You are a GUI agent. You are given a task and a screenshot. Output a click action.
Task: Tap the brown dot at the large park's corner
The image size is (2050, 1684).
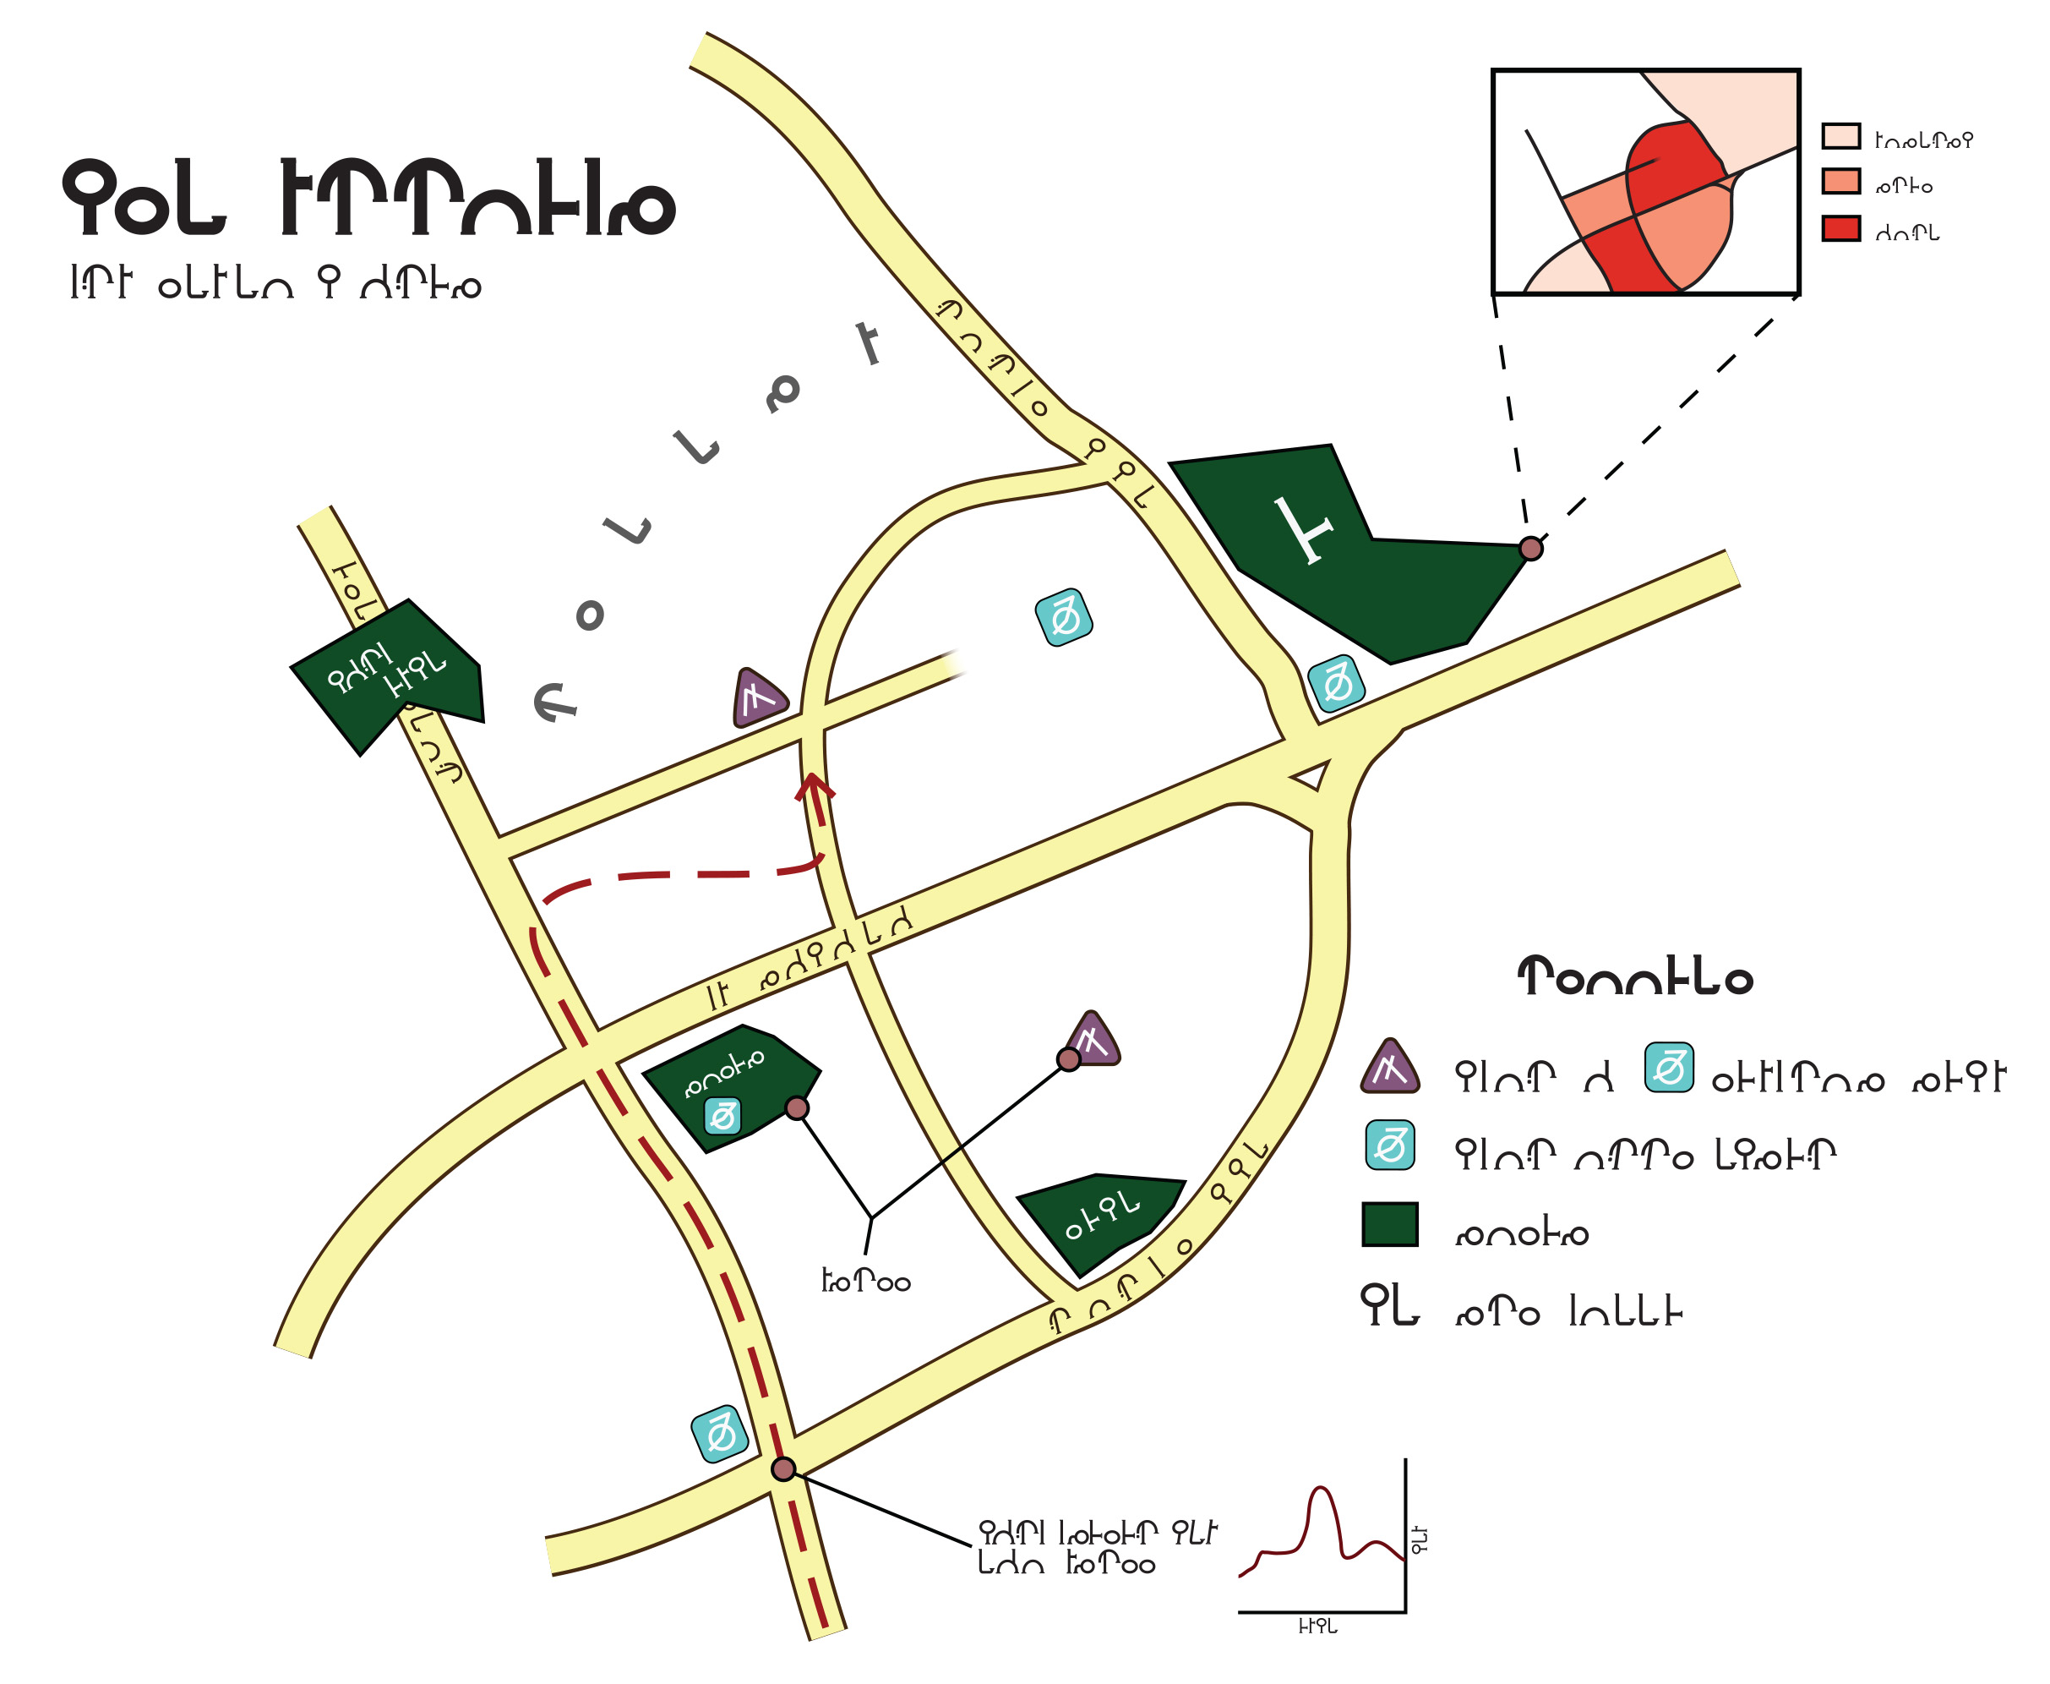1530,549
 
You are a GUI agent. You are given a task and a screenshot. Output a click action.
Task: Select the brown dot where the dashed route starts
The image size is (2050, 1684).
783,1468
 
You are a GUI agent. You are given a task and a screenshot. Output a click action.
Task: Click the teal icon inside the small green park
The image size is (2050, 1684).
722,1117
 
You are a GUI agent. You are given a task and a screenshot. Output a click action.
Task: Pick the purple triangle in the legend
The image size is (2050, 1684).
1389,1068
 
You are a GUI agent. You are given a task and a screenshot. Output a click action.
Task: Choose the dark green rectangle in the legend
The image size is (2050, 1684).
1389,1224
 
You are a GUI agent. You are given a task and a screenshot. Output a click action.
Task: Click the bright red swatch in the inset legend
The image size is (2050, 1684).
1840,229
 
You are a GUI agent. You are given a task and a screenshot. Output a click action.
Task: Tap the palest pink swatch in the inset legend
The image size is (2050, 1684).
1840,136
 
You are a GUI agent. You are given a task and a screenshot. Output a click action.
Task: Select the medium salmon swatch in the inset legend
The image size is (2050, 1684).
1840,182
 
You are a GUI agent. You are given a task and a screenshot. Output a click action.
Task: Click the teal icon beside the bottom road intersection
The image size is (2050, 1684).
720,1434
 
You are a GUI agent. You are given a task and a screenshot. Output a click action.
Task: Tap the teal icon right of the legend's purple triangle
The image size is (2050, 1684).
1669,1068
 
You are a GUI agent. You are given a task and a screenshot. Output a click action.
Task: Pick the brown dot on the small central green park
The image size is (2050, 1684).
797,1109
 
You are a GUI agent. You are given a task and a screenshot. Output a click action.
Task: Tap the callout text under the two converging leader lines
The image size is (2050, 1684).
865,1282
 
